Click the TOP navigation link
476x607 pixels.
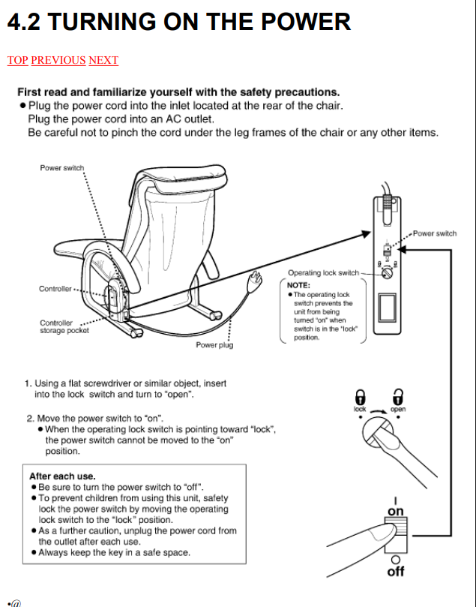[18, 60]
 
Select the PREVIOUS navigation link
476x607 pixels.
[58, 60]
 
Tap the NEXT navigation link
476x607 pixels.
[103, 60]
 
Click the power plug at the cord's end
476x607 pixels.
[255, 278]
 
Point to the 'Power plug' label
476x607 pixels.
[214, 345]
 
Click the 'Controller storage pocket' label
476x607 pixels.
[64, 326]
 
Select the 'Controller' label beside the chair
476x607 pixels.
[55, 289]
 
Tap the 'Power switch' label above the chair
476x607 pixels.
[62, 167]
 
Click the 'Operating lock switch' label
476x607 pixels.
[323, 272]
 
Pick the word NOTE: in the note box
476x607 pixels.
[298, 285]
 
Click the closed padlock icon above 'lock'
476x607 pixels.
[360, 396]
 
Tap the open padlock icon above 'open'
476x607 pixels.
[398, 396]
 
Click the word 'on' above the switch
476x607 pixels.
[396, 512]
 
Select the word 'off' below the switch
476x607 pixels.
[396, 572]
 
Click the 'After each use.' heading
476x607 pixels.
[62, 476]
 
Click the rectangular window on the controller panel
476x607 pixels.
[387, 308]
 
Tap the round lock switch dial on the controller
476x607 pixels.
[387, 273]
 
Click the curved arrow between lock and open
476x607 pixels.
[379, 411]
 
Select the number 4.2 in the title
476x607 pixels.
[24, 21]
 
